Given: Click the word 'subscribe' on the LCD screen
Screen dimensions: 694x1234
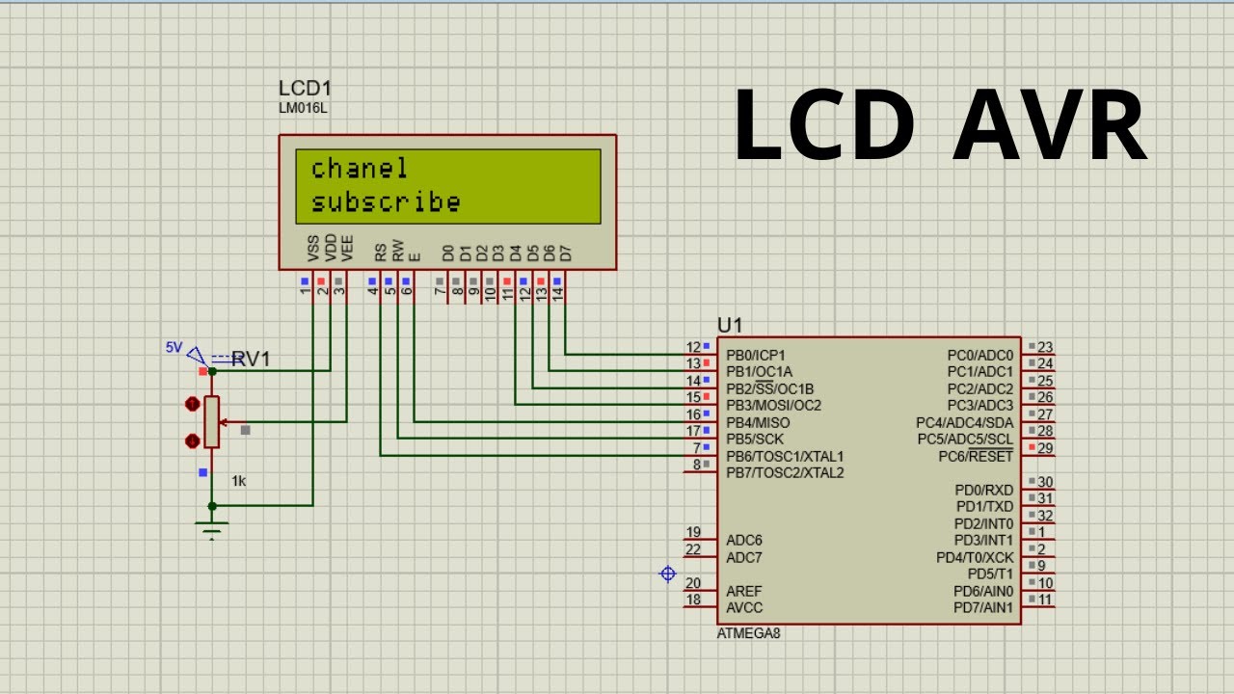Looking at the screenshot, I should (x=386, y=202).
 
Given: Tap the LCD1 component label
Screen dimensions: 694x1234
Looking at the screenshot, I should (x=305, y=90).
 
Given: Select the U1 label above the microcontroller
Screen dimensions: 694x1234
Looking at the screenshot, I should (x=730, y=325).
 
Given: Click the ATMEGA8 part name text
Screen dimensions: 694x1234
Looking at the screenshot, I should (x=748, y=633).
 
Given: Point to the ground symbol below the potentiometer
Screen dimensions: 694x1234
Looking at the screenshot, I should (x=212, y=528).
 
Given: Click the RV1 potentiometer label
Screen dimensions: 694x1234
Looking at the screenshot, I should (x=251, y=360).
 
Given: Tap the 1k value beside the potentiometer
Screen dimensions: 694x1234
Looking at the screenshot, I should (x=238, y=480).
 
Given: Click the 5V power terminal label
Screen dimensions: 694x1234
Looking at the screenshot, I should (x=174, y=347).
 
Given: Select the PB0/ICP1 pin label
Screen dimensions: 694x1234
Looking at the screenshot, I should (x=756, y=356).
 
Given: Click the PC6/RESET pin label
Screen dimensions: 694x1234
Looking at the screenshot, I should (x=976, y=456).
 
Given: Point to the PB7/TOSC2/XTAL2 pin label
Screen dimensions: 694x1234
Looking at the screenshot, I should (x=785, y=472).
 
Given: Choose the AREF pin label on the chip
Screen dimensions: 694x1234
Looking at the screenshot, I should (x=744, y=591).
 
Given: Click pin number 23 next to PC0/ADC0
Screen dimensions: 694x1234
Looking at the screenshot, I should (x=1045, y=347).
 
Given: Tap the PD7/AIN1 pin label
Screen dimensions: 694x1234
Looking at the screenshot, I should (x=982, y=608).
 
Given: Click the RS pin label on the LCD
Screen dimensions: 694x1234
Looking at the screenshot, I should (x=381, y=253).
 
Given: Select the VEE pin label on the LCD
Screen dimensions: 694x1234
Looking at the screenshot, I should (x=347, y=249).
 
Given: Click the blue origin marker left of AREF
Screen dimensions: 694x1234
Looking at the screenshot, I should (x=667, y=574).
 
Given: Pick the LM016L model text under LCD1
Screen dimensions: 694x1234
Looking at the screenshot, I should (x=303, y=108).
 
